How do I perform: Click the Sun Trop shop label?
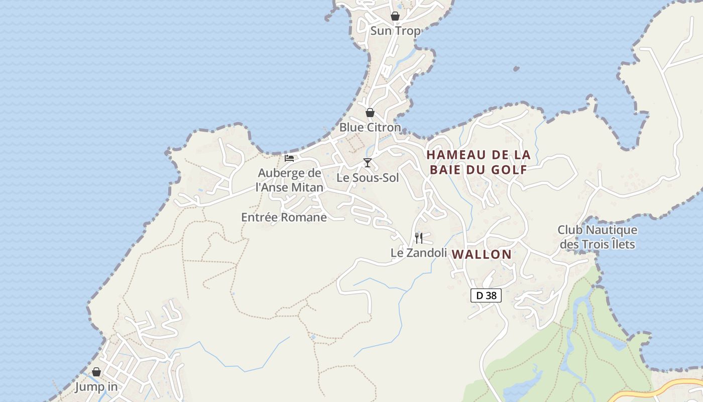click(x=395, y=31)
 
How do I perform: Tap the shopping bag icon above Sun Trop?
click(x=395, y=16)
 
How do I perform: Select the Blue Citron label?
click(x=370, y=127)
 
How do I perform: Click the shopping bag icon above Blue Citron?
click(x=370, y=113)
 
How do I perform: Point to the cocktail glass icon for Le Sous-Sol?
click(x=368, y=163)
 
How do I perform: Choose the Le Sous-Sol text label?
click(x=368, y=177)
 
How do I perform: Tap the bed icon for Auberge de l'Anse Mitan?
click(x=289, y=158)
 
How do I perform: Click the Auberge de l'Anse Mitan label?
click(x=289, y=180)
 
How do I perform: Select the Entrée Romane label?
click(x=284, y=218)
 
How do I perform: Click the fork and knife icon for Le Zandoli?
click(x=419, y=238)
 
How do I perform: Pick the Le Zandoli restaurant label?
click(x=419, y=253)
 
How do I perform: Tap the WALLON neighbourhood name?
click(x=482, y=254)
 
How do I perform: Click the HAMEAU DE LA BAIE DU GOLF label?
click(x=478, y=162)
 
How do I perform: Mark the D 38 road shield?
click(x=486, y=295)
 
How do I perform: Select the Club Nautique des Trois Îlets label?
click(x=597, y=237)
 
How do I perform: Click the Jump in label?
click(x=96, y=387)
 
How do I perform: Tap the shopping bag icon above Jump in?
click(x=96, y=372)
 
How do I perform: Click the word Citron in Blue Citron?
click(x=384, y=127)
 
